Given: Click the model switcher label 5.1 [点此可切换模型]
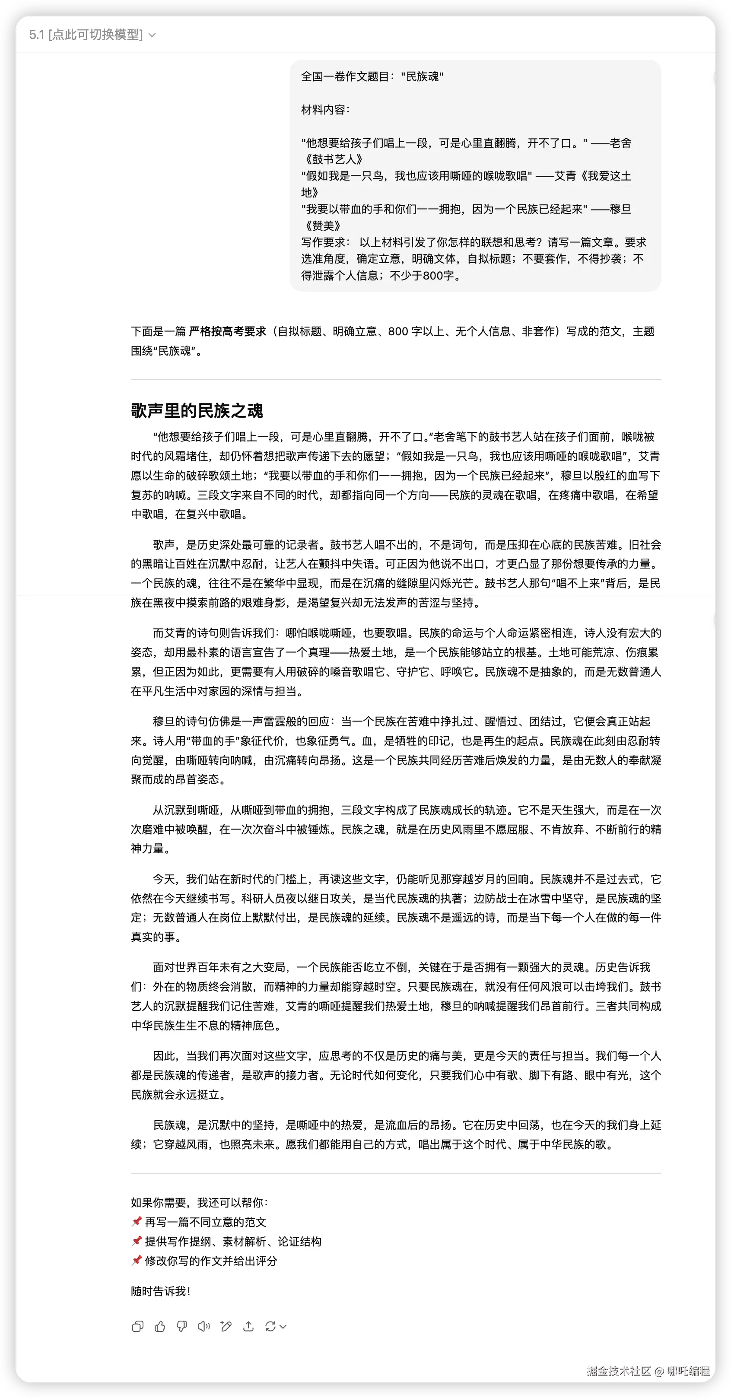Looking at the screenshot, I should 86,35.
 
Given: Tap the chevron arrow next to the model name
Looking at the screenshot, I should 153,35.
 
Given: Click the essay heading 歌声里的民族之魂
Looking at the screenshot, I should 197,410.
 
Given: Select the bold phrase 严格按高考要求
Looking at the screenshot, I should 227,331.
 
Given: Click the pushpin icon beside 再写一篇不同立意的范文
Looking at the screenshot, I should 136,1222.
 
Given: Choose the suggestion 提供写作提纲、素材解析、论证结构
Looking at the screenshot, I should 233,1241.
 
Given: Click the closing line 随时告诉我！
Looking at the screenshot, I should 161,1291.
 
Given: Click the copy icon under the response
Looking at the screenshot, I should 138,1326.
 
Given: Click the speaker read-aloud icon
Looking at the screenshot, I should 204,1326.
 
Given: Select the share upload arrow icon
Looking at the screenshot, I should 248,1326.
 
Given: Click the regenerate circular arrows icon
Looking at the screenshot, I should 270,1326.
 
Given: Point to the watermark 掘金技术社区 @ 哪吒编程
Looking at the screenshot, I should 648,1370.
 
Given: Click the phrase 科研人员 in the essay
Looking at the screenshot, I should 263,898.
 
